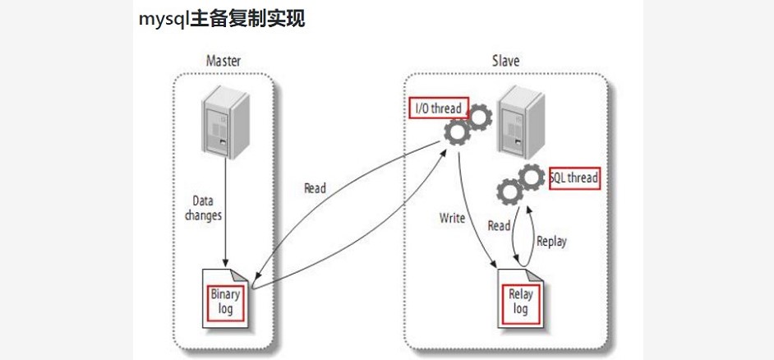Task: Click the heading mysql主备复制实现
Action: click(223, 19)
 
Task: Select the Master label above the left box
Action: click(223, 61)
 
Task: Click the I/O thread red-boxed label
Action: click(439, 108)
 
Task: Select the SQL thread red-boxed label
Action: click(574, 178)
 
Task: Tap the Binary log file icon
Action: click(225, 300)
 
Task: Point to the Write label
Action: click(453, 218)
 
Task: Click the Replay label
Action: click(551, 241)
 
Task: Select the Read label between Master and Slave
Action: click(315, 188)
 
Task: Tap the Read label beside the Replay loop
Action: click(499, 224)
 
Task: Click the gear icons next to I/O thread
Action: click(465, 125)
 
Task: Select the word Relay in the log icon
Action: click(520, 294)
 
